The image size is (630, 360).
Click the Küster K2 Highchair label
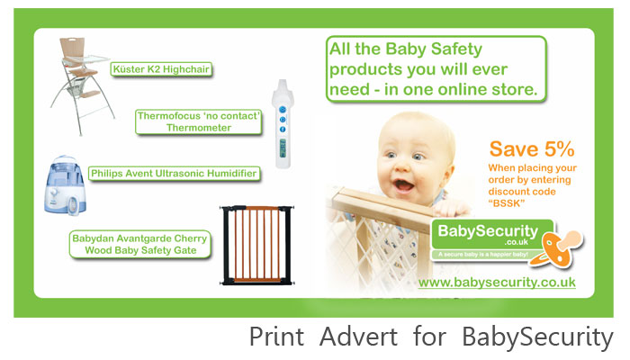(x=161, y=69)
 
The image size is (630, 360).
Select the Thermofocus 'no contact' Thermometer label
(x=199, y=121)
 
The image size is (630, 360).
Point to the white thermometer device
(x=283, y=124)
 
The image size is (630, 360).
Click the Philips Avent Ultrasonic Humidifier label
(x=174, y=174)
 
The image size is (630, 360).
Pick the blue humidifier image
(x=65, y=185)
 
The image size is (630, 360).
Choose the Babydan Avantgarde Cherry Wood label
(x=139, y=244)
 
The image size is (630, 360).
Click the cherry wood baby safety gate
(x=257, y=245)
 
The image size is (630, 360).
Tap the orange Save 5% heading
(x=532, y=149)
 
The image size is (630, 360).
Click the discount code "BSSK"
(x=506, y=203)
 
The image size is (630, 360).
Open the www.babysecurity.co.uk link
(x=497, y=282)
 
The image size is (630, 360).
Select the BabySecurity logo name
(x=488, y=231)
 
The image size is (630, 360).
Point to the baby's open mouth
(x=403, y=185)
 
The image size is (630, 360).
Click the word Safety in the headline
(x=456, y=49)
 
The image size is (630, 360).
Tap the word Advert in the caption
(x=358, y=337)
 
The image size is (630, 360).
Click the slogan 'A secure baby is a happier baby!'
(x=483, y=255)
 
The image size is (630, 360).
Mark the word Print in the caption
(x=276, y=337)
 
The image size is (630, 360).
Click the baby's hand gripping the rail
(x=451, y=208)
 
